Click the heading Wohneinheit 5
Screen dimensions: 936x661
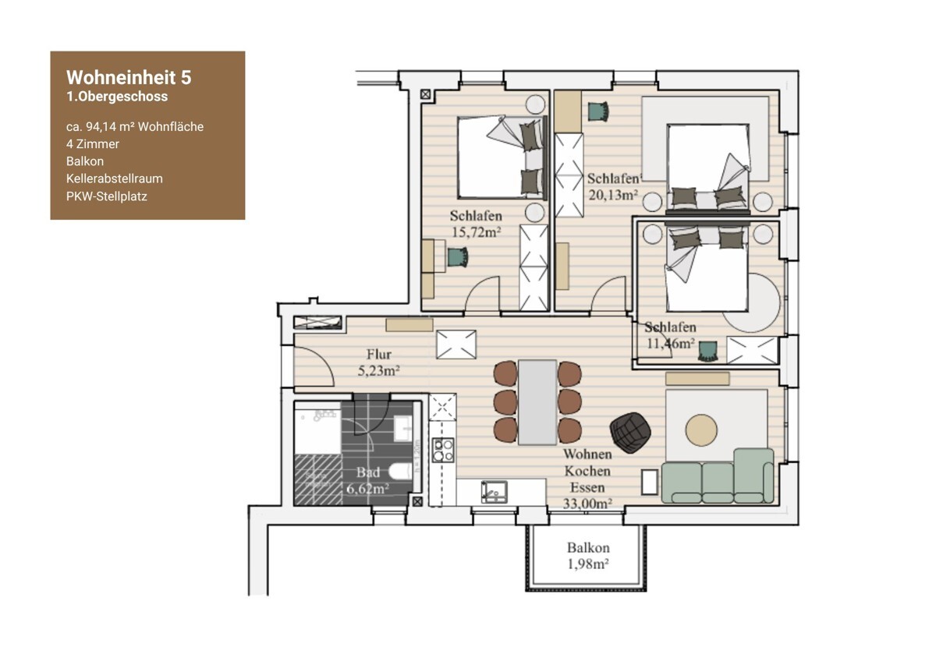[129, 78]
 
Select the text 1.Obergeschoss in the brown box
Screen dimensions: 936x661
[117, 97]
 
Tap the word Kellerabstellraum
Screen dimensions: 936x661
[115, 179]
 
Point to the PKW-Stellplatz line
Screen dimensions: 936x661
[107, 196]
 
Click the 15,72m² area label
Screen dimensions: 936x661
[476, 232]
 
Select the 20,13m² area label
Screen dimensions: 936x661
[613, 195]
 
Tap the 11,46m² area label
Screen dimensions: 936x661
[671, 343]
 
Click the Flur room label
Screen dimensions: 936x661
[379, 355]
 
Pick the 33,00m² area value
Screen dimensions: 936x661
[587, 504]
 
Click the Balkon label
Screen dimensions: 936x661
[588, 547]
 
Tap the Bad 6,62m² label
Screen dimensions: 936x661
[367, 480]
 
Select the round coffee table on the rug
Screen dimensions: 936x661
[701, 430]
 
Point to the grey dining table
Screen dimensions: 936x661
[537, 402]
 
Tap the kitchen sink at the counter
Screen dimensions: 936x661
[495, 492]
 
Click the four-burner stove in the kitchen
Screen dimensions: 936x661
[443, 450]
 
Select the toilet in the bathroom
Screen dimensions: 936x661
[401, 472]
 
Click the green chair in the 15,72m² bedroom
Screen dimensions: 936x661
[459, 257]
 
